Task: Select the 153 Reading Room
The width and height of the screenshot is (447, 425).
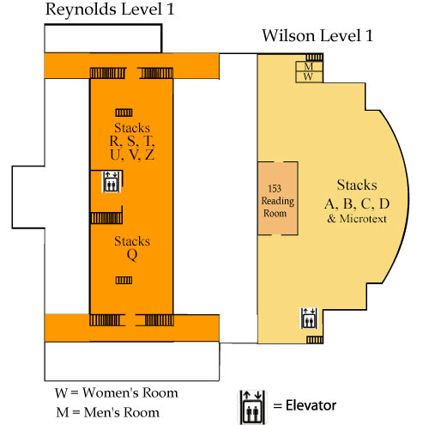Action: pyautogui.click(x=277, y=197)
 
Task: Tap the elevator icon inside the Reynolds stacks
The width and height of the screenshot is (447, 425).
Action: pyautogui.click(x=112, y=181)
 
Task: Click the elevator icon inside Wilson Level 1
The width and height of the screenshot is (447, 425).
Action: pyautogui.click(x=309, y=318)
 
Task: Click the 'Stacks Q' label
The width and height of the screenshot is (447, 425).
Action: pyautogui.click(x=131, y=248)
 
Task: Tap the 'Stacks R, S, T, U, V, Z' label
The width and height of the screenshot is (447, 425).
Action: pyautogui.click(x=131, y=142)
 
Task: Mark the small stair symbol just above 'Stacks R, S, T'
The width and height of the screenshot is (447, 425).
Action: pyautogui.click(x=125, y=112)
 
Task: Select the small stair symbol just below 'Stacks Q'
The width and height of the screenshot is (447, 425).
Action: pyautogui.click(x=125, y=280)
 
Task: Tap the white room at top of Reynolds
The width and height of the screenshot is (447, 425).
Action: pyautogui.click(x=102, y=39)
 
